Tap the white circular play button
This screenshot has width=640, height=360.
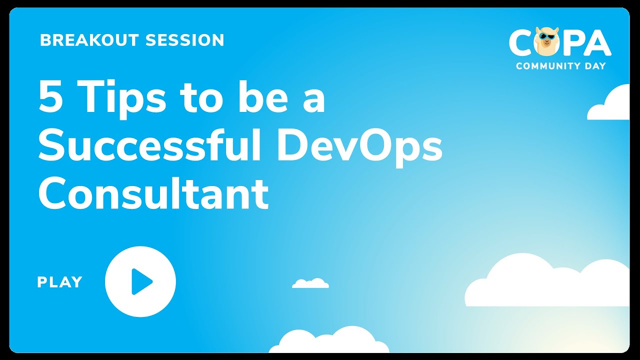[140, 281]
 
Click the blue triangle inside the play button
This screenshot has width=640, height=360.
[141, 281]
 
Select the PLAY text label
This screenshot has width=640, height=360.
[59, 282]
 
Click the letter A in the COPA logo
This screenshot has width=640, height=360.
[597, 43]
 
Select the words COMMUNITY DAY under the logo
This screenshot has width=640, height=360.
[560, 66]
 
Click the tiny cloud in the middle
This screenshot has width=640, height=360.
[310, 283]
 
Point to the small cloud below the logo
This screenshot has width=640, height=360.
[610, 105]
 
